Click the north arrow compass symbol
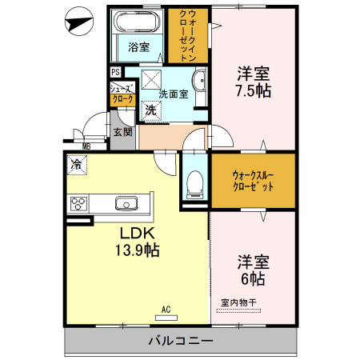click(78, 21)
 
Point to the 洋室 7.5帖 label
click(253, 82)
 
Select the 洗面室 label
click(174, 94)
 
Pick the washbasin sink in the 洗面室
click(199, 81)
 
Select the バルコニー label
click(180, 342)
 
